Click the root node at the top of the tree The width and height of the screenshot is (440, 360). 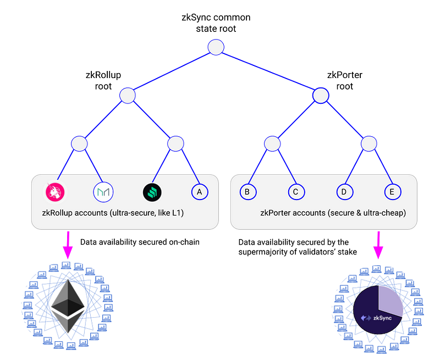(216, 47)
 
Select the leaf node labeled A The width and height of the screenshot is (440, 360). (199, 191)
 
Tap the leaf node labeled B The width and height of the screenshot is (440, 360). (248, 191)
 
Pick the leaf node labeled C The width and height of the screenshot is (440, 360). (296, 191)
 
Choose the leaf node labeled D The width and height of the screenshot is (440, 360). (344, 191)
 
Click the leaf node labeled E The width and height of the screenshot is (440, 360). (392, 191)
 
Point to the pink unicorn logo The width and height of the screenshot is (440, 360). (55, 191)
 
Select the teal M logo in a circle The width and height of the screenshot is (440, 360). (103, 191)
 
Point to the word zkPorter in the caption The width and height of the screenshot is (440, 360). (277, 212)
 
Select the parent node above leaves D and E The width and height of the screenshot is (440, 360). (369, 144)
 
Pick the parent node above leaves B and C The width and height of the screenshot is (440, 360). (272, 144)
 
